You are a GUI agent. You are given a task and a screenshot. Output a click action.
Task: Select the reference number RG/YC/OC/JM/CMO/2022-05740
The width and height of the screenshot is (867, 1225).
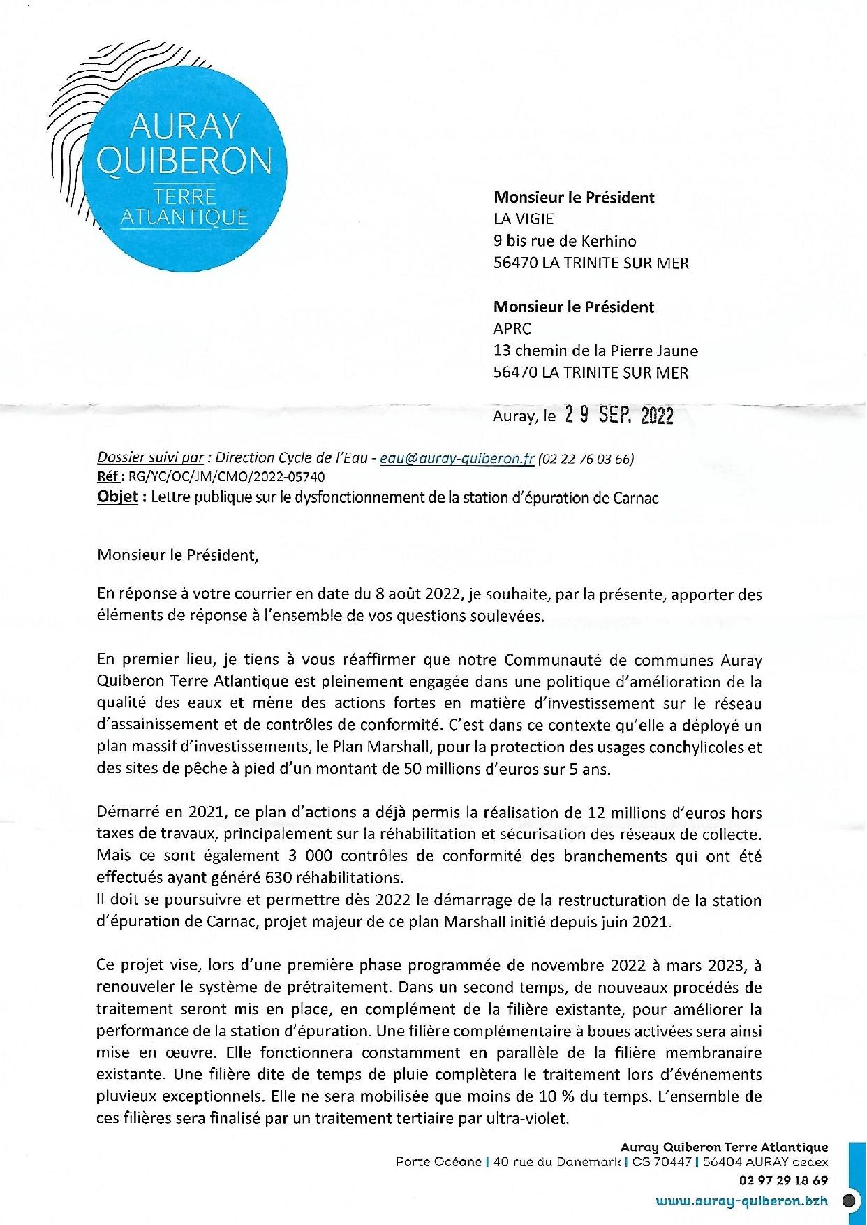coord(223,477)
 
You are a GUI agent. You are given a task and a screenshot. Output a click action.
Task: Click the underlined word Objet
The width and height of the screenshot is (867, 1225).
coord(117,498)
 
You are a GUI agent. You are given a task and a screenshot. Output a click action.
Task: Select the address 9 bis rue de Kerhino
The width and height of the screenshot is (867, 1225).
coord(564,241)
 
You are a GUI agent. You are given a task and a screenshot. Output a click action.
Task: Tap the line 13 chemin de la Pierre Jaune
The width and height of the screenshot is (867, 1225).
coord(595,351)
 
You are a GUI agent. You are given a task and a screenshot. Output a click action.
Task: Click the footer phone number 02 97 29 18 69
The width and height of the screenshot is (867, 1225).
coord(783,1180)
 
